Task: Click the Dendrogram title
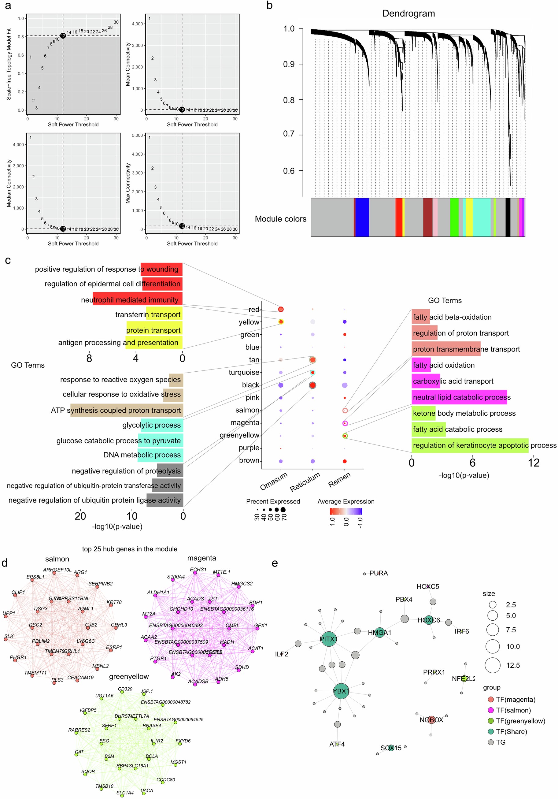[x=408, y=13]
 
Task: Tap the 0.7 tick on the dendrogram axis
[x=289, y=134]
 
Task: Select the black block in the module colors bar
[x=508, y=217]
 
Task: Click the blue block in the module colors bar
[x=362, y=217]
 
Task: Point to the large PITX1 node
[x=328, y=639]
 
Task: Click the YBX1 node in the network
[x=341, y=691]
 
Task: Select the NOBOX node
[x=431, y=720]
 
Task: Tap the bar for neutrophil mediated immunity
[x=137, y=300]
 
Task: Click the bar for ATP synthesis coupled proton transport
[x=127, y=410]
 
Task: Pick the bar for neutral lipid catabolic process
[x=459, y=397]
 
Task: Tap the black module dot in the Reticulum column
[x=312, y=385]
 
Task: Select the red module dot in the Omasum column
[x=281, y=309]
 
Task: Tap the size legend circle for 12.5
[x=493, y=665]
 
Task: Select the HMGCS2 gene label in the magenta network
[x=242, y=584]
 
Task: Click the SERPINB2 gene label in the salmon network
[x=100, y=584]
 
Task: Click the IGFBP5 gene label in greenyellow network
[x=88, y=710]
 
